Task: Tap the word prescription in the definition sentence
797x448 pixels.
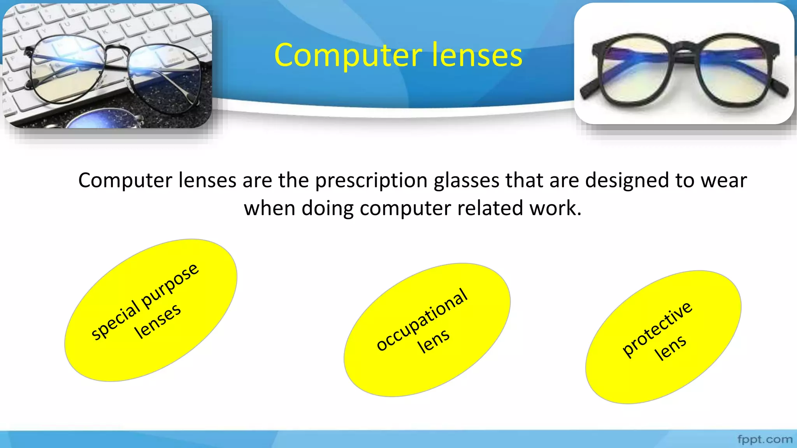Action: (371, 181)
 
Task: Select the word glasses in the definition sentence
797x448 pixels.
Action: (466, 181)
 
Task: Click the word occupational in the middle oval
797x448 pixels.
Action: (422, 319)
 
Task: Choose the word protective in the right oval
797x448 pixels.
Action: (657, 329)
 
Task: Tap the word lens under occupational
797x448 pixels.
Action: (433, 341)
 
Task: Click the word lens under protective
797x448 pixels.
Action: (670, 347)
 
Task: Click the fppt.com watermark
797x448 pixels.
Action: (765, 439)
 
